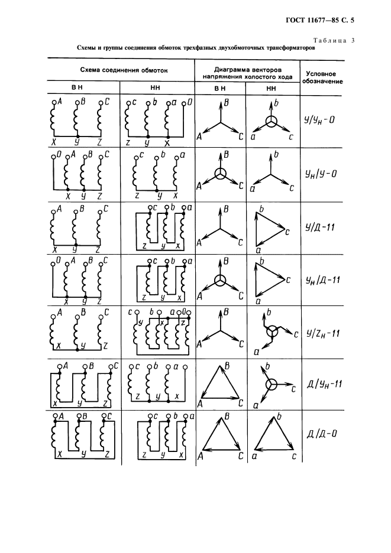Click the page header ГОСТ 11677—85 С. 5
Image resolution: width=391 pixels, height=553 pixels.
[319, 20]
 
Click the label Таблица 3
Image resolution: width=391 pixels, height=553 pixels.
[334, 40]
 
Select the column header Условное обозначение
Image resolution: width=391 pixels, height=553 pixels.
[322, 77]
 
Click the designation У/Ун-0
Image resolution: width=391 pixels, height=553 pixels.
[319, 121]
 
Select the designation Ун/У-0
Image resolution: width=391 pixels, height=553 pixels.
[321, 174]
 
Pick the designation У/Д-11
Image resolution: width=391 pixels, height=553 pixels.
[319, 227]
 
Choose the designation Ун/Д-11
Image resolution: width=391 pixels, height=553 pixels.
[323, 280]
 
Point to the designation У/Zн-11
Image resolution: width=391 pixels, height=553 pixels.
[323, 333]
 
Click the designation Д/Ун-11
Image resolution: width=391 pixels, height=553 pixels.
[325, 383]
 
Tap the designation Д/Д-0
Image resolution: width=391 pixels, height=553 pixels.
[321, 434]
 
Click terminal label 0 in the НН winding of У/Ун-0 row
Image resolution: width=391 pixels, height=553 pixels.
[189, 103]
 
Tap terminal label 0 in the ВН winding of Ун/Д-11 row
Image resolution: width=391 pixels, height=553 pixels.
[59, 261]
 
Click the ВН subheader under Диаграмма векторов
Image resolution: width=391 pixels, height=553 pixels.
[219, 89]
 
